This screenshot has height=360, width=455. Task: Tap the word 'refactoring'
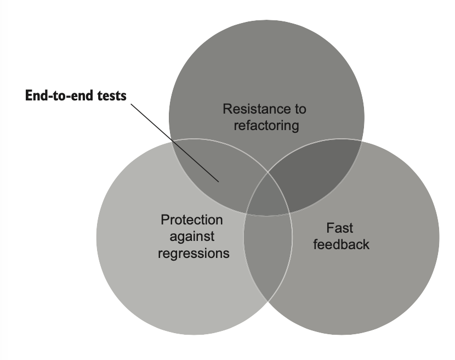(x=266, y=126)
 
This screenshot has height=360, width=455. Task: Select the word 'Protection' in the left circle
(x=192, y=220)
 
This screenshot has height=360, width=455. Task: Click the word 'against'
(x=192, y=237)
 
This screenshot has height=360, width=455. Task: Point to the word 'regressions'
(x=194, y=254)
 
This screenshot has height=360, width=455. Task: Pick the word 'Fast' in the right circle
(x=340, y=227)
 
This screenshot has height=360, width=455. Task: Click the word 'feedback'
(x=341, y=244)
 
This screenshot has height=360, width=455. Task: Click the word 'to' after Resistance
(x=299, y=109)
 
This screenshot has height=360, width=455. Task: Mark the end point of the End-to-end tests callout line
(x=219, y=182)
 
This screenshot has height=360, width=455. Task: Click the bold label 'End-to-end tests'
(x=76, y=97)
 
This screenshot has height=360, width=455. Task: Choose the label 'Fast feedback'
(x=341, y=236)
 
